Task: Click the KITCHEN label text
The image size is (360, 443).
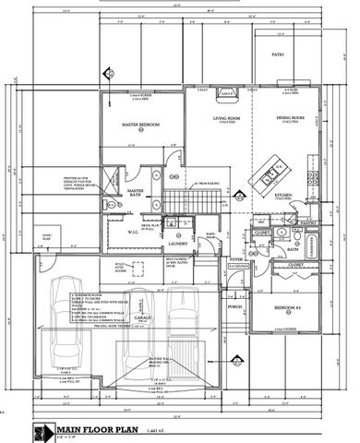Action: pyautogui.click(x=282, y=196)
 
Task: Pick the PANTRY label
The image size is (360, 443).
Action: pyautogui.click(x=308, y=222)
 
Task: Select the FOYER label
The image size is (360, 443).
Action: pyautogui.click(x=235, y=261)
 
